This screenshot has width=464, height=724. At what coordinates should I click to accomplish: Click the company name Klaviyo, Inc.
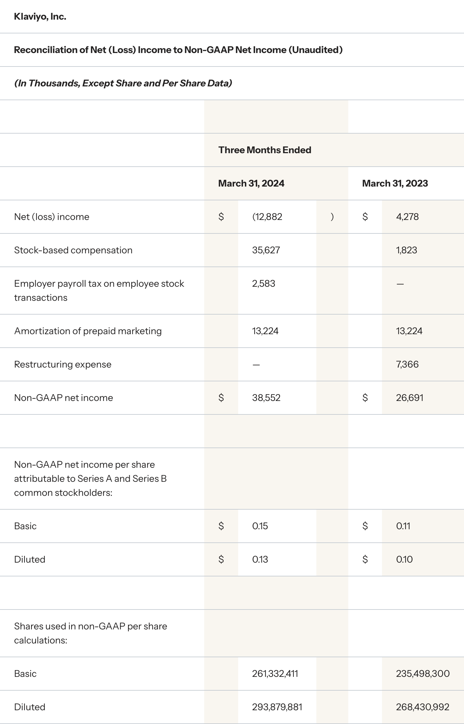point(40,17)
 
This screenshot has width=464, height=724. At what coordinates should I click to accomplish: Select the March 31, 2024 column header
point(251,183)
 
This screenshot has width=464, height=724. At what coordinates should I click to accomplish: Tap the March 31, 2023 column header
point(395,183)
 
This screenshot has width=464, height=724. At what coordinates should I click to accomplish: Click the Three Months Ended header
point(265,150)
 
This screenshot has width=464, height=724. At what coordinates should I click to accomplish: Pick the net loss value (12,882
point(267,217)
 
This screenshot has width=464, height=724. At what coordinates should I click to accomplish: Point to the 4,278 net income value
point(407,217)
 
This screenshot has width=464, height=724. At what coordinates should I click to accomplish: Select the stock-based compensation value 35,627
point(266,250)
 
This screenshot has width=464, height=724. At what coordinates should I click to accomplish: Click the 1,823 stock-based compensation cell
point(406,250)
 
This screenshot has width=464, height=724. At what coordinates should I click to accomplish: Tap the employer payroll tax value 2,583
point(263,284)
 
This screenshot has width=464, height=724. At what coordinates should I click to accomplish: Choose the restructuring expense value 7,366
point(407,364)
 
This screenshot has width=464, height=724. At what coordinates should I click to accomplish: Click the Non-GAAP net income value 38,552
point(266,398)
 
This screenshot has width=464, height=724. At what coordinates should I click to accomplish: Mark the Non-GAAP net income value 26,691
point(410,398)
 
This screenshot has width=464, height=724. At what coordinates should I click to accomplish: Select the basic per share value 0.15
point(260,526)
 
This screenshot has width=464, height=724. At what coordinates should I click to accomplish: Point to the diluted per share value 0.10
point(404,560)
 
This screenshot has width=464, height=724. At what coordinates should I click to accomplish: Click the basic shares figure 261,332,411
point(275,674)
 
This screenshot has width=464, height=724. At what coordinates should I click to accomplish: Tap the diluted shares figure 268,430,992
point(422,707)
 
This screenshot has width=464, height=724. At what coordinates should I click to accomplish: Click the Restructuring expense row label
point(63,364)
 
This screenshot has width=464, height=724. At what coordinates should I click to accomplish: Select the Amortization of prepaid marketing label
point(88,331)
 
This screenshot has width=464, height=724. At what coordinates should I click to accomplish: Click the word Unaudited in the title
point(315,50)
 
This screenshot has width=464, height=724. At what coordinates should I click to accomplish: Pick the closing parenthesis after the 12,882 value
point(332,217)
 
